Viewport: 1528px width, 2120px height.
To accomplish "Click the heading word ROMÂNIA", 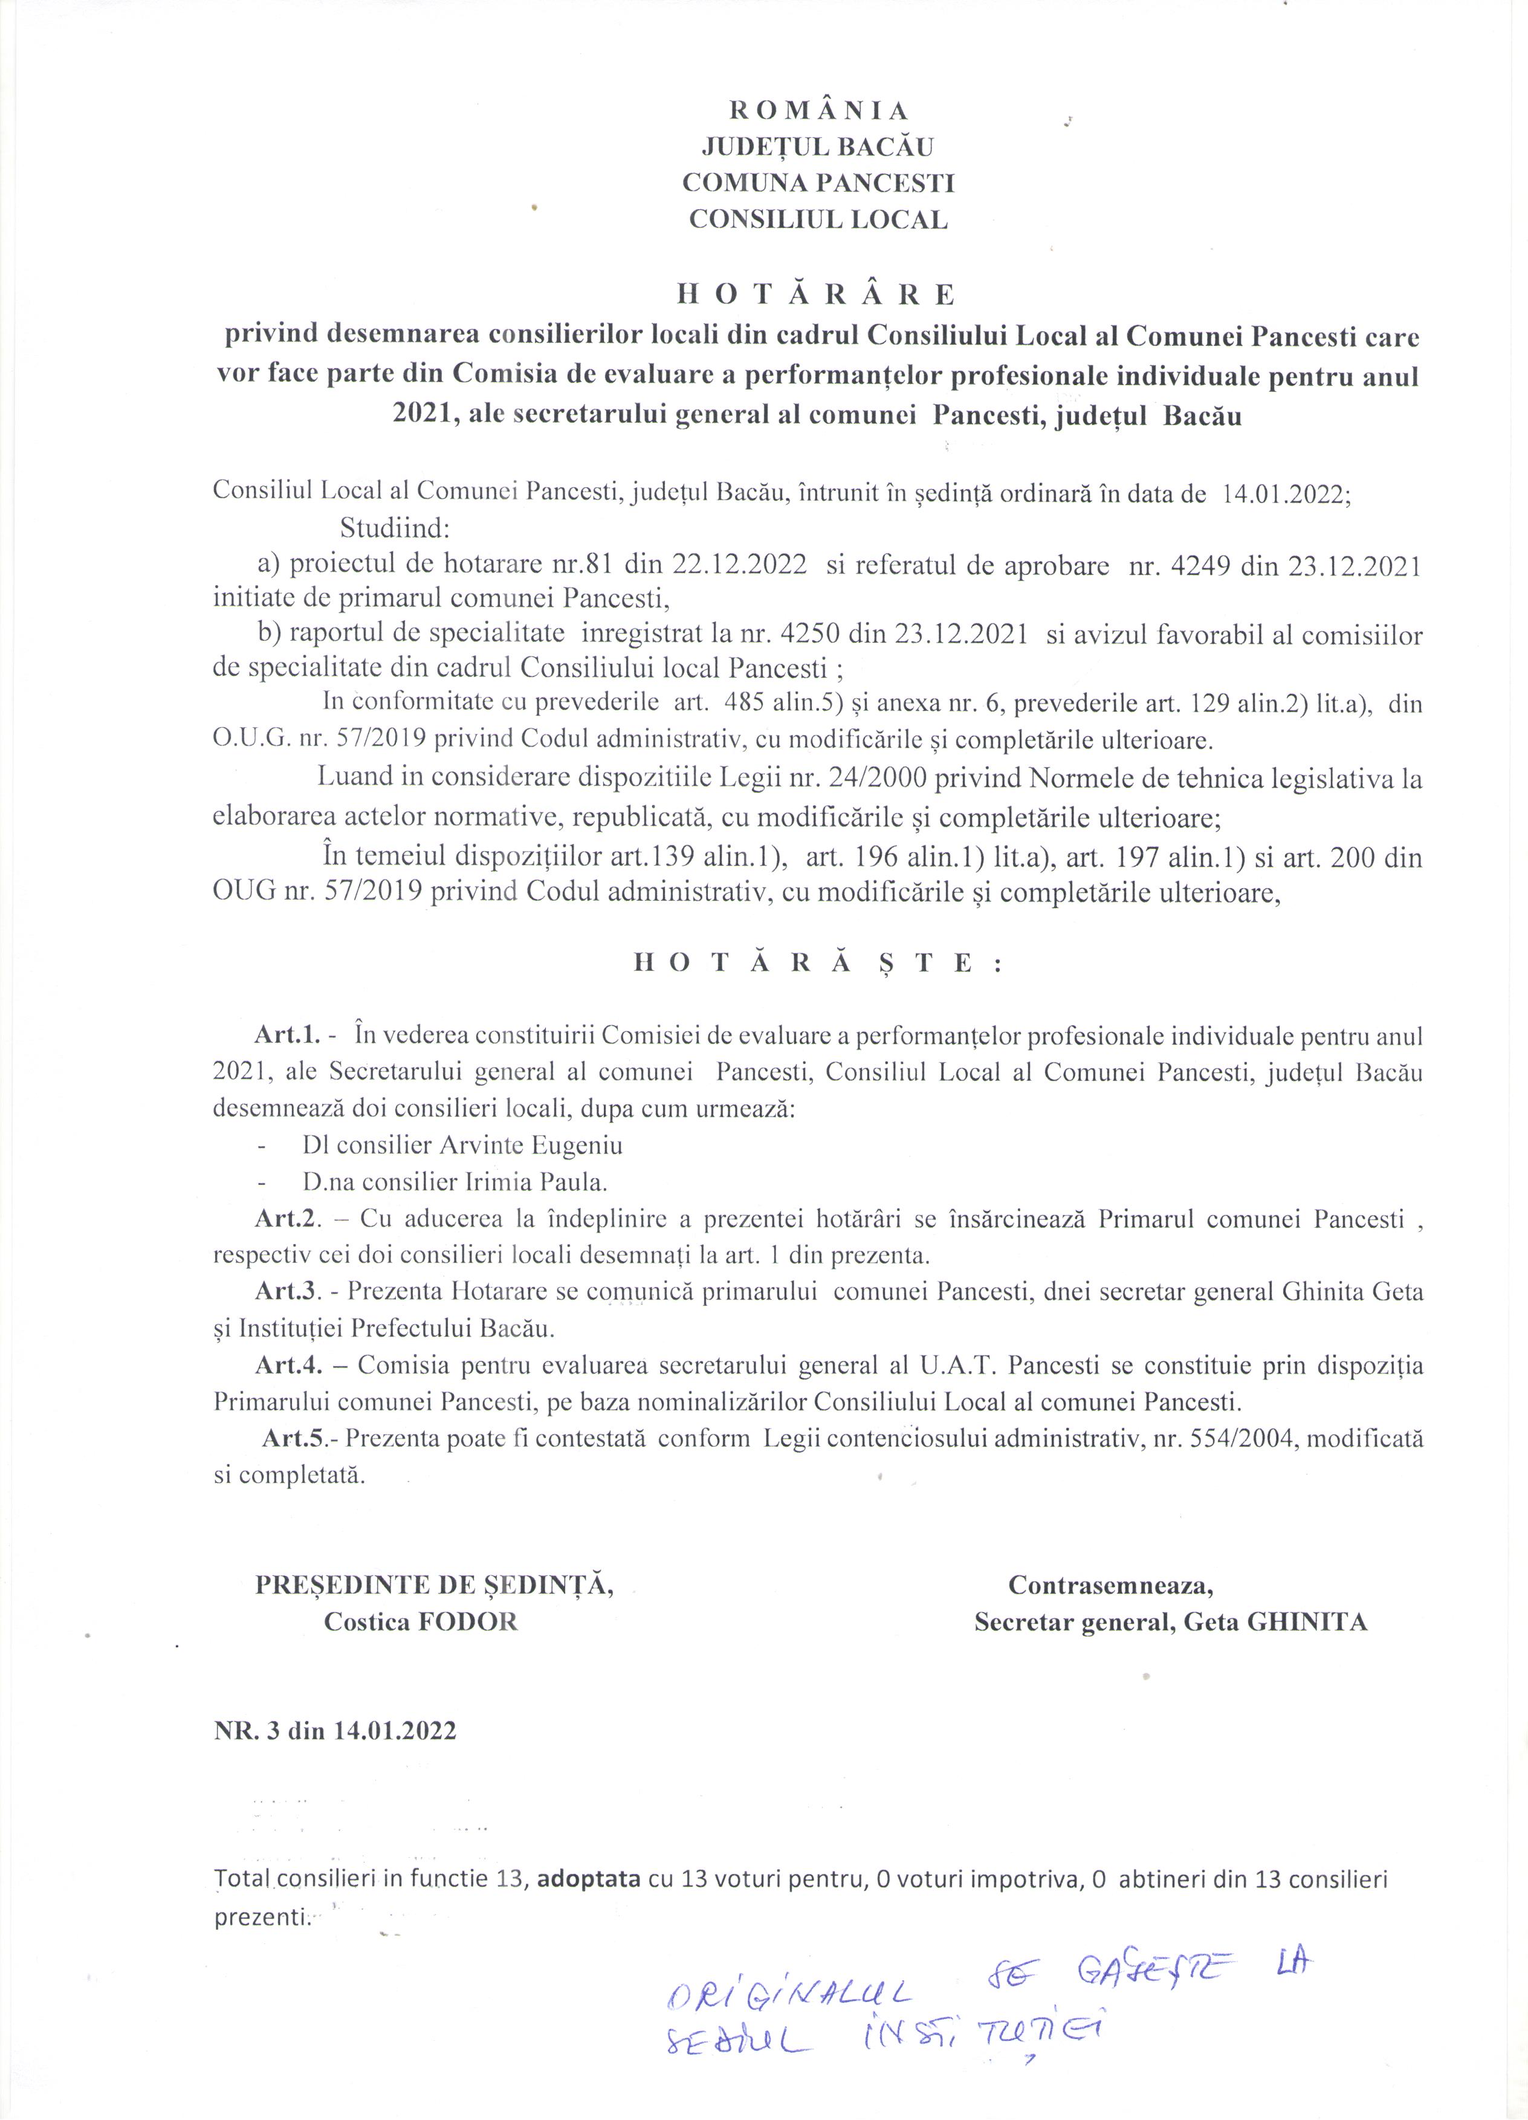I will [x=818, y=110].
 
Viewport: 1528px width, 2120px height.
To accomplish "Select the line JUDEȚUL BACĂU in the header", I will [x=818, y=147].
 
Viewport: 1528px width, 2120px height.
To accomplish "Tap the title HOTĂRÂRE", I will [x=816, y=296].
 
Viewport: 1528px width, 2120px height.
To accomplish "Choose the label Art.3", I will [x=288, y=1293].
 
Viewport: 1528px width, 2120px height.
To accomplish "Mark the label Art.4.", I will [x=288, y=1366].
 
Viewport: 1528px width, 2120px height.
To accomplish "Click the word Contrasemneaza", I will [x=1110, y=1586].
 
